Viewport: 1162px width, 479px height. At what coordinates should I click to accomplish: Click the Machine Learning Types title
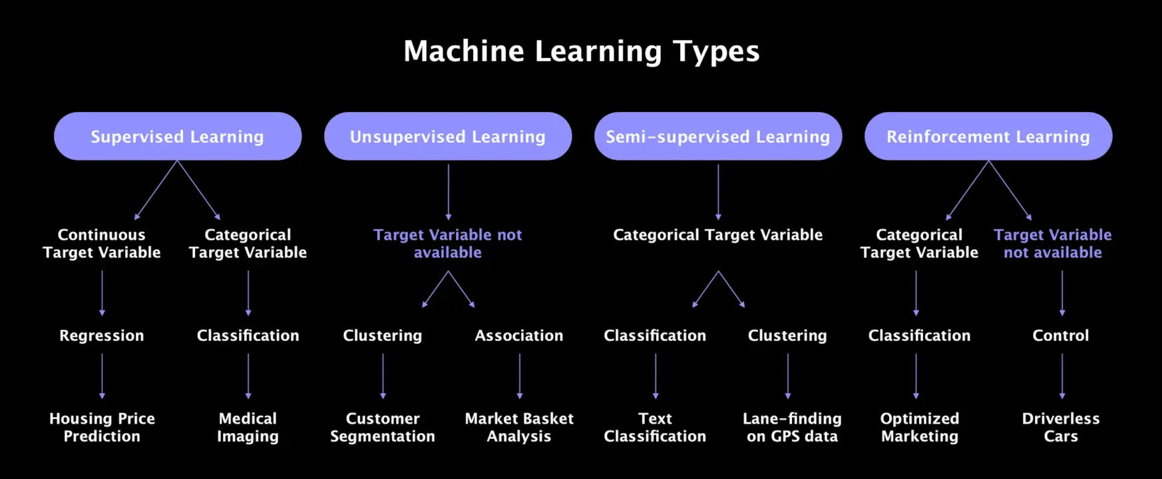coord(581,51)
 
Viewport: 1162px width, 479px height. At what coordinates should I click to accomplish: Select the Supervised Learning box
coord(178,136)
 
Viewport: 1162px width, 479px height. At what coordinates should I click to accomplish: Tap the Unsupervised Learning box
coord(448,136)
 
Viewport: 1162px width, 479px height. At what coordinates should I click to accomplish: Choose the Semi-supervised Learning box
coord(718,136)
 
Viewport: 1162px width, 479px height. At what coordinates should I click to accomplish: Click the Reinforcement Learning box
coord(988,136)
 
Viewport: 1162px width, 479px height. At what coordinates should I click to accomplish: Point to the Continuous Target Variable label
coord(102,243)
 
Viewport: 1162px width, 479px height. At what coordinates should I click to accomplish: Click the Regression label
coord(102,335)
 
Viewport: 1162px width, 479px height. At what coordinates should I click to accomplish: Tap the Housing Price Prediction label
coord(102,427)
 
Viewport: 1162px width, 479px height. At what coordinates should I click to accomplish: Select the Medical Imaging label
coord(248,427)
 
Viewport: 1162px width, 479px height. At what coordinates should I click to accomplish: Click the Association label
coord(519,335)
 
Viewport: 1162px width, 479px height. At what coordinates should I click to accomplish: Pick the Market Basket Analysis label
coord(519,427)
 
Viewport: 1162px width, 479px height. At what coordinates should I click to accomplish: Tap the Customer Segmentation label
coord(383,427)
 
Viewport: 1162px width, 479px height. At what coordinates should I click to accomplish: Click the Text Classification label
coord(655,427)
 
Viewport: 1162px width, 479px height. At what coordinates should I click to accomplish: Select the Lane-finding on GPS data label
coord(792,427)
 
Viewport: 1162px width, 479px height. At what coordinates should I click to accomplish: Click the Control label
coord(1061,335)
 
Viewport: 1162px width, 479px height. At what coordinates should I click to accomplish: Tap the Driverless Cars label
coord(1061,427)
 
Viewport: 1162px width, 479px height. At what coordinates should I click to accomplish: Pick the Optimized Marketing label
coord(920,427)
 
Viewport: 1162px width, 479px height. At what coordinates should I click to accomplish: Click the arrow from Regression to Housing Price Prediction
coord(102,376)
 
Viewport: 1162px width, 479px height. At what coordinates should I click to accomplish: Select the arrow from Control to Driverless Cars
coord(1062,376)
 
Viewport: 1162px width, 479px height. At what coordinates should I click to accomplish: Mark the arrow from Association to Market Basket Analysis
coord(520,376)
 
